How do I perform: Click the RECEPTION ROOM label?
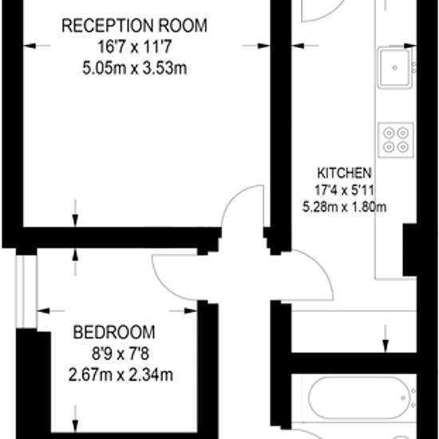coord(134,26)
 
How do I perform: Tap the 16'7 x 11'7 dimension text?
coord(134,47)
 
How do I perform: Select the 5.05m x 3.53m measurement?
coord(135,68)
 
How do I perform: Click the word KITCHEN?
coord(344,173)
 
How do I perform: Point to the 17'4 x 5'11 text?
coord(344,191)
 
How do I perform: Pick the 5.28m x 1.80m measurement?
coord(344,208)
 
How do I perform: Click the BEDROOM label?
coord(114,332)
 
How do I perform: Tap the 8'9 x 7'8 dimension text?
coord(121,354)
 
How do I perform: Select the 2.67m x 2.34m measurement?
coord(121,375)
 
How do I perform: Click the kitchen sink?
coord(395,68)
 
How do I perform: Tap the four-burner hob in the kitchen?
coord(396,140)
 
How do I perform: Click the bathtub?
coord(360,397)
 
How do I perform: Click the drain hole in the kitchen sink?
coord(395,68)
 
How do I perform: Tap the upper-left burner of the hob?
coord(389,133)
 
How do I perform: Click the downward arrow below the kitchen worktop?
coord(386,338)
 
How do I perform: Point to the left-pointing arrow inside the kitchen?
coord(305,45)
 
